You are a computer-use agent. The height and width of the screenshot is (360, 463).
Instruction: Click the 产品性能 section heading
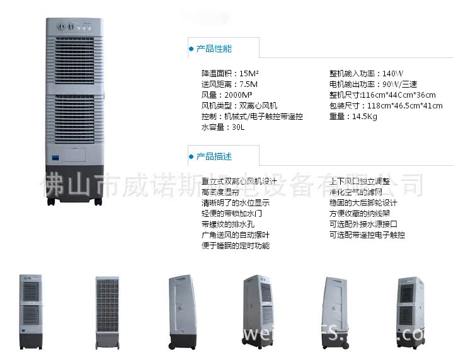[x=214, y=49]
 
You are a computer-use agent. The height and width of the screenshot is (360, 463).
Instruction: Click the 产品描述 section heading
[x=214, y=156]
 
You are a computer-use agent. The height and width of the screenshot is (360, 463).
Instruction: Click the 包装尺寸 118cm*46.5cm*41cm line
[x=386, y=105]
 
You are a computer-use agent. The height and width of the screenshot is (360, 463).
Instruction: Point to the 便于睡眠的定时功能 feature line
[x=236, y=245]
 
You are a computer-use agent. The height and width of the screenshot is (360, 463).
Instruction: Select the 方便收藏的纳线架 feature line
[x=363, y=213]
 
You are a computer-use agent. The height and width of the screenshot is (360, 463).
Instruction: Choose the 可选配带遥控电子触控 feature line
[x=367, y=235]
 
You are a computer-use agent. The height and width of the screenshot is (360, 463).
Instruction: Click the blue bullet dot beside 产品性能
[x=191, y=49]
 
